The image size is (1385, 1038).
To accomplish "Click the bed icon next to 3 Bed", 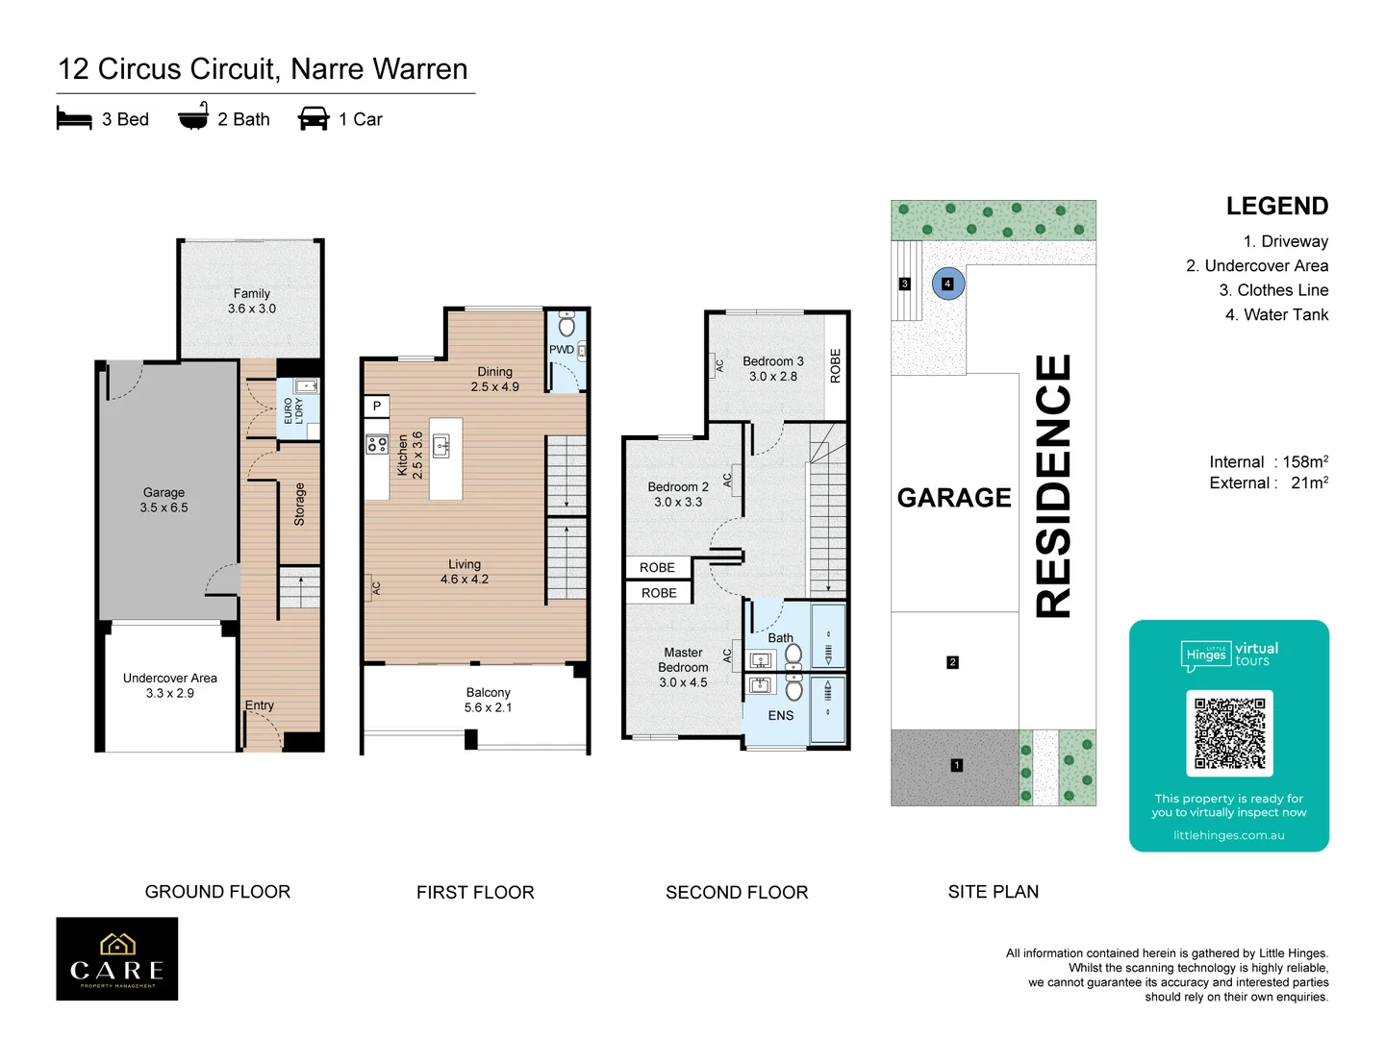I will [x=74, y=119].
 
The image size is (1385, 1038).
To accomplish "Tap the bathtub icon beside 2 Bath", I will [x=193, y=116].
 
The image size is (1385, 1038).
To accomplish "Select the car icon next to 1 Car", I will [x=314, y=118].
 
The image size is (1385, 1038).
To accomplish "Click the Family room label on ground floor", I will [x=252, y=301].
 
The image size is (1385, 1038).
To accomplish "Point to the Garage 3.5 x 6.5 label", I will [x=164, y=500].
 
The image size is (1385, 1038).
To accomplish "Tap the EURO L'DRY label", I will [x=292, y=411].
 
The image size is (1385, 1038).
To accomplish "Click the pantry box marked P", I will [x=377, y=407].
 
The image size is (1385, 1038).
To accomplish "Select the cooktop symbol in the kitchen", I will [x=377, y=444].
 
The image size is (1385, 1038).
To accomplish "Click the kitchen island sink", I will [x=441, y=445].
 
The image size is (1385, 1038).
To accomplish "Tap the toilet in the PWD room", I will [x=567, y=324].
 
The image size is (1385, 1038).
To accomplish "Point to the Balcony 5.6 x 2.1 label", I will [x=489, y=700].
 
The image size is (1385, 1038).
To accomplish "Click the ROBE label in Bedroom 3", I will [x=835, y=366].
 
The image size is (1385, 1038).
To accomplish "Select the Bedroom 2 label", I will [x=678, y=494].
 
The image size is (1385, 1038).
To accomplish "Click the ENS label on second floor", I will [x=781, y=716].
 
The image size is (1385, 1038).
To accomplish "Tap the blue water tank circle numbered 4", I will [x=948, y=284].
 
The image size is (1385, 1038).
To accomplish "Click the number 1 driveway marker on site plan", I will [x=956, y=765].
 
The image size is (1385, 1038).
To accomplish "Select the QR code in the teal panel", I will [x=1229, y=732].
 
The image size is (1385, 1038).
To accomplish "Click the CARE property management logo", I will [x=117, y=959].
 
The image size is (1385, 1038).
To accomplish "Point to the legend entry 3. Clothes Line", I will [x=1273, y=290].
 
